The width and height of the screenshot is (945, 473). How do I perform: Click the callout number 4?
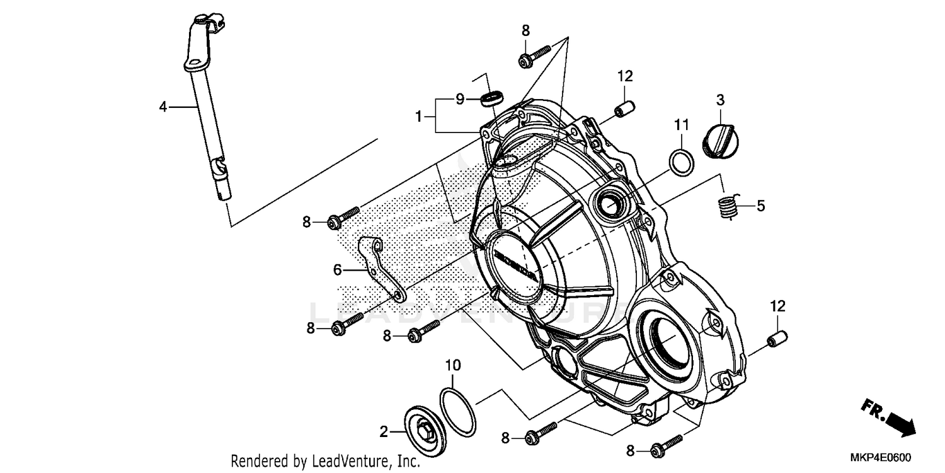163,107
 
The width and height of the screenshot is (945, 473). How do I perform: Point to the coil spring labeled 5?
728,207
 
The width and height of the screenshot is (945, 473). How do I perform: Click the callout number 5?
760,206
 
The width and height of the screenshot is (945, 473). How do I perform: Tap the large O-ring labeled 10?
458,411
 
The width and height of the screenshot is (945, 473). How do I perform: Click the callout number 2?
383,432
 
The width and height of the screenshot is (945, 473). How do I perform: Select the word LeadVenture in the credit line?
347,462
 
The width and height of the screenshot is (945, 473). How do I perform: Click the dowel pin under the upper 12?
625,108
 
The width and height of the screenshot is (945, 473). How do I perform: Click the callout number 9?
460,99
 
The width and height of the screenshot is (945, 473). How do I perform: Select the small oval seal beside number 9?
492,98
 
